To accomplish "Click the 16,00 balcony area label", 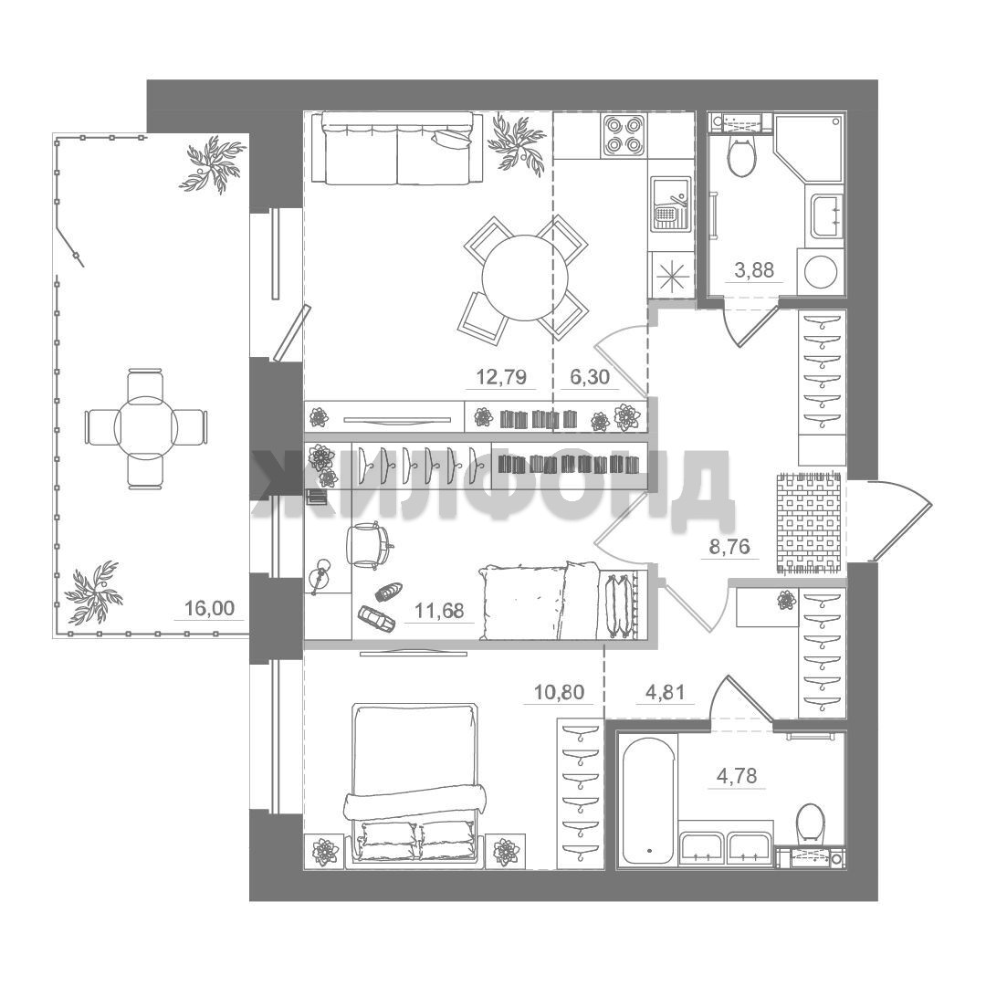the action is (209, 608).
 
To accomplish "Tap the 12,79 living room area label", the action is (501, 377).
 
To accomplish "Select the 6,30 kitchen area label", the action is (590, 377).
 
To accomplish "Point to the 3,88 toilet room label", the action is (754, 269).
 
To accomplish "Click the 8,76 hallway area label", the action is (729, 547).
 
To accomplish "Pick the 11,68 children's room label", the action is (439, 610).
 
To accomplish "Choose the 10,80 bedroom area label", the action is (559, 692).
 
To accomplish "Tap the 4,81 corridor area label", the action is (666, 692).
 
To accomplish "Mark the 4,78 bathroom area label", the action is (737, 776).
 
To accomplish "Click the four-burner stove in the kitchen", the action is (624, 136).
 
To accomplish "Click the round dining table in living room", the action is (525, 278).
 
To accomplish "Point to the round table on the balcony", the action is (146, 427).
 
